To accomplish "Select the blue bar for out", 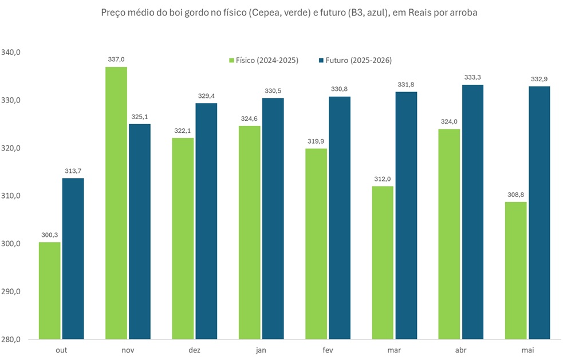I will [x=73, y=259].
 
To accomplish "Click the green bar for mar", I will [x=383, y=263].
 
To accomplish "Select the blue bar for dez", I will [x=206, y=221].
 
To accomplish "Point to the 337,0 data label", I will [x=116, y=59].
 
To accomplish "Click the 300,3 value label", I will [x=50, y=235].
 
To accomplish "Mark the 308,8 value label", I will [x=515, y=195].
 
